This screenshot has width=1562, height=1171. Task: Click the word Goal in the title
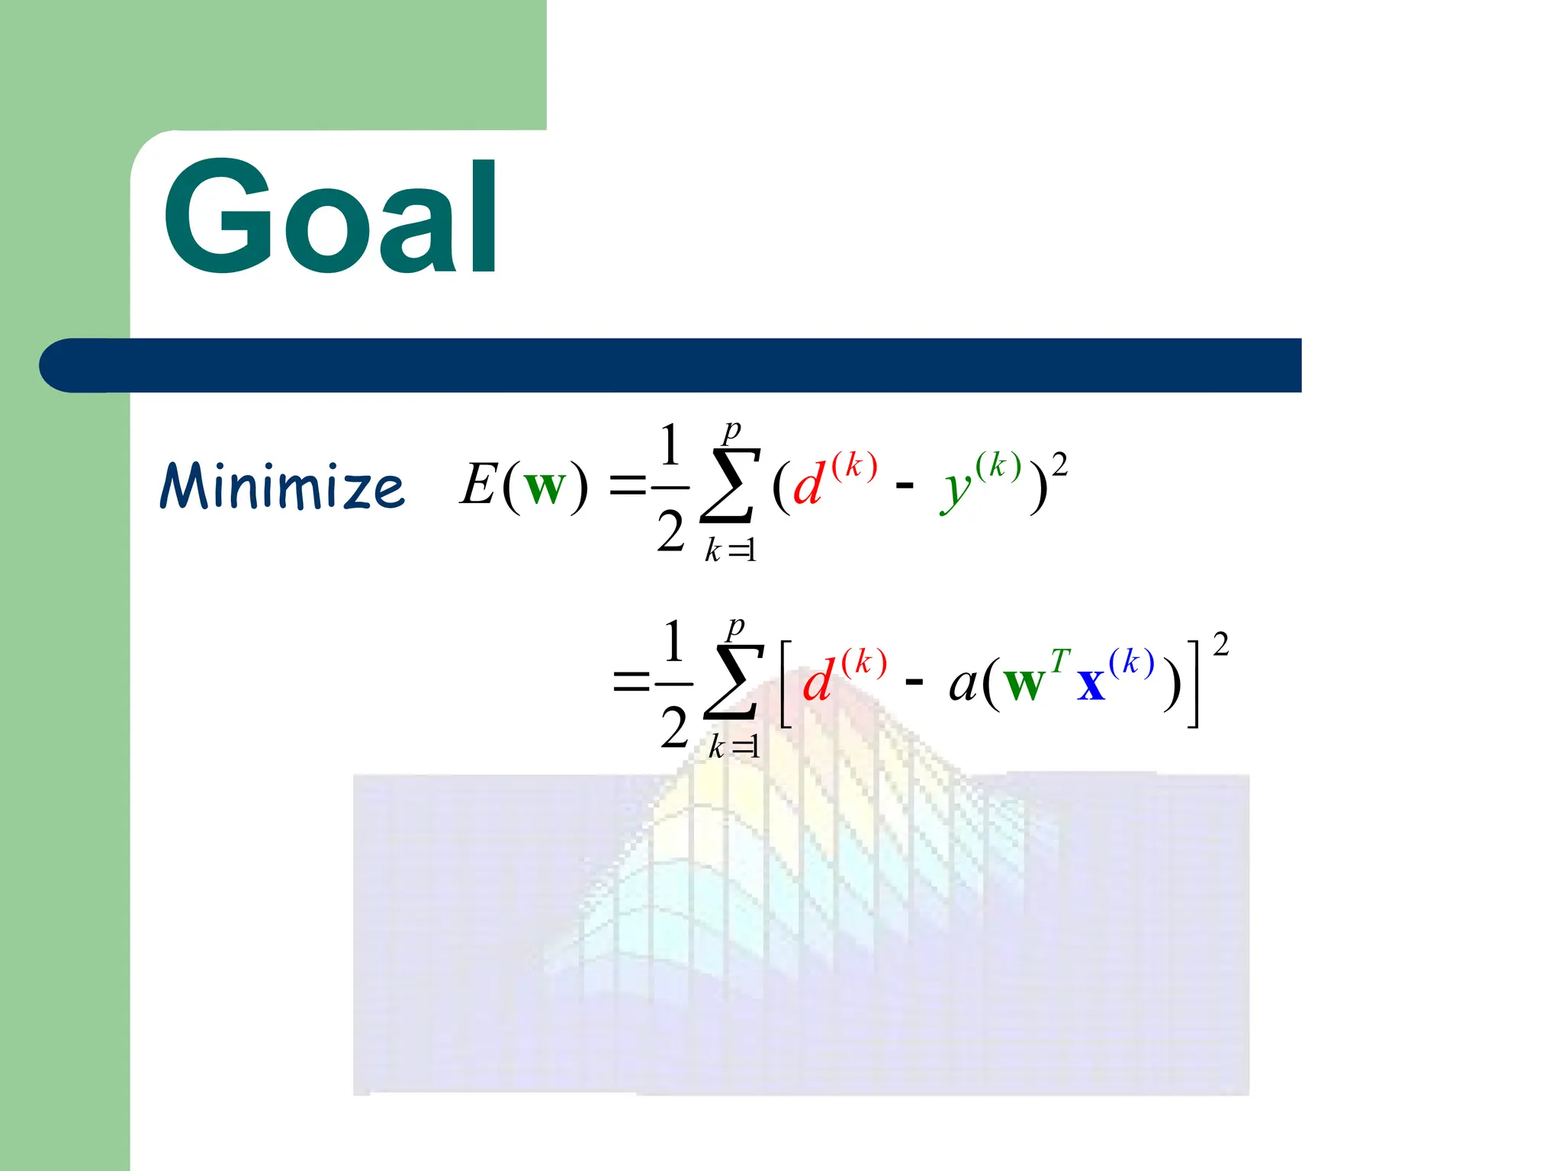[332, 217]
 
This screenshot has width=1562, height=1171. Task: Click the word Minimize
[282, 486]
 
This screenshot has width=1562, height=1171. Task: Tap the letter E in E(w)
[479, 485]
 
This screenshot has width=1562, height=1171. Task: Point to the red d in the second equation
[819, 681]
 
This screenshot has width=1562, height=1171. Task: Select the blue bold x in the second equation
[1091, 684]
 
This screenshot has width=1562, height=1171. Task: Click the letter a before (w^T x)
[963, 684]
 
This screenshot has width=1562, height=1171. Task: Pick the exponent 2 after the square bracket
[1220, 645]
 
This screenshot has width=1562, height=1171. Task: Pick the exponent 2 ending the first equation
[1059, 464]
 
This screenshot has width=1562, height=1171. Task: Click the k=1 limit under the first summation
[731, 550]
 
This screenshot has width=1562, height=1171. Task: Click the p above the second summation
[735, 627]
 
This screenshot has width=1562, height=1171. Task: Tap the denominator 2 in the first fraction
[670, 531]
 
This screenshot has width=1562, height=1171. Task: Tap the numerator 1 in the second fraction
[673, 642]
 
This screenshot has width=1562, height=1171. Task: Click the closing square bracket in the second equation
[1194, 684]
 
